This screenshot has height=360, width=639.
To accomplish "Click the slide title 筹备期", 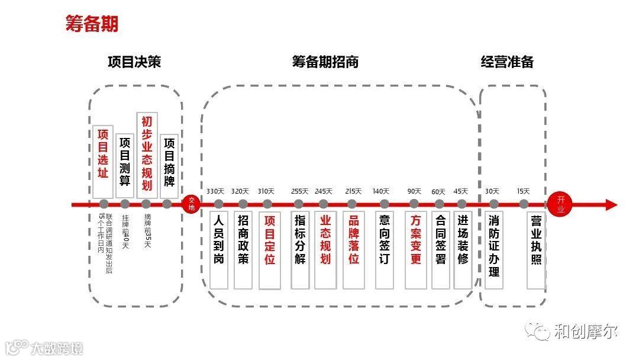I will coord(92,24).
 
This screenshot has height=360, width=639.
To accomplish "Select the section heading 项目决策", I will coord(134,62).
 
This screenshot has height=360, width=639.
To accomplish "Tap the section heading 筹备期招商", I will coord(325,62).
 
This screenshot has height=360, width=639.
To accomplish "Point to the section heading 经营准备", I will coord(507,62).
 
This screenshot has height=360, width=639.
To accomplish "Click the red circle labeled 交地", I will coord(191,204).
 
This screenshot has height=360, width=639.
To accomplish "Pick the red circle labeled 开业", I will coord(560,204).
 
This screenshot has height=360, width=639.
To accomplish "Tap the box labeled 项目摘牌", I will coord(169,164).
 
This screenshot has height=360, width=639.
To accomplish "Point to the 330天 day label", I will coord(215,191).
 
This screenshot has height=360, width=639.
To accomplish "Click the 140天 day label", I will coord(381,191).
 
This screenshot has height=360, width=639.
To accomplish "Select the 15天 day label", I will coord(523,191).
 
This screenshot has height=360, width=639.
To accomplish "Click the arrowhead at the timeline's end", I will coord(611,205).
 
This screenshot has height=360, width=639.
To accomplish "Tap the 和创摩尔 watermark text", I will coord(586,331).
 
